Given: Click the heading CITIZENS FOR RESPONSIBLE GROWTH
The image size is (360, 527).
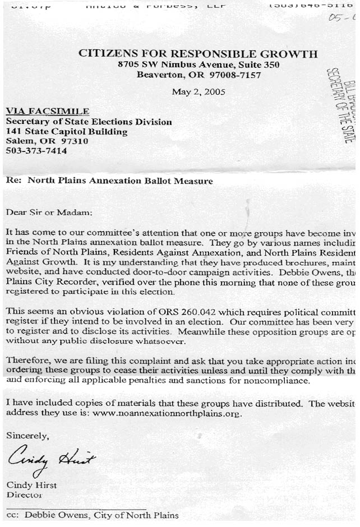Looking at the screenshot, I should [x=198, y=54].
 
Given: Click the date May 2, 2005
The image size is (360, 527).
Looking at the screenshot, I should [x=198, y=92].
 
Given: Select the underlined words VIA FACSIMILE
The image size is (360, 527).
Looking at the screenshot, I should [x=47, y=111].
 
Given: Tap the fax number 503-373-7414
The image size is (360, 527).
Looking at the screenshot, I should [x=36, y=151].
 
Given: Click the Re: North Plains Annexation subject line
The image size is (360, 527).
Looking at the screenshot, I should [x=109, y=181].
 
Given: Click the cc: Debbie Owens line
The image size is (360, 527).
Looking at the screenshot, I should [x=92, y=515].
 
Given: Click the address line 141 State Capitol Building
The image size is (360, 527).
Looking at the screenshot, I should [x=66, y=132].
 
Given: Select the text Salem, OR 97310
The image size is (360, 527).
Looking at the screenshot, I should [x=47, y=141].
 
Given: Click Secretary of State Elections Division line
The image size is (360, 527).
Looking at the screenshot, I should [x=89, y=122].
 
